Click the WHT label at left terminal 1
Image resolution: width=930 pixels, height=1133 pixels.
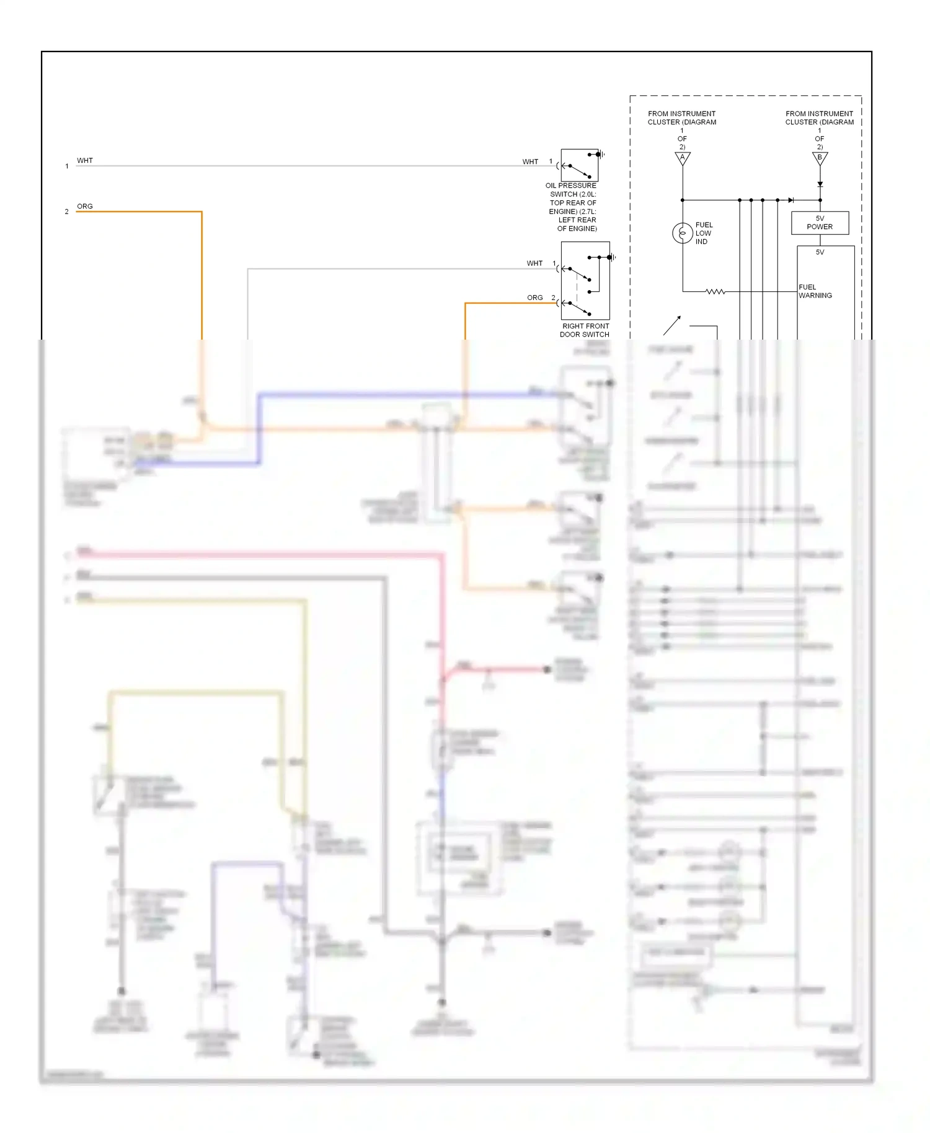[x=85, y=161]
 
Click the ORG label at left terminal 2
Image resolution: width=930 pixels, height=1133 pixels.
[x=85, y=206]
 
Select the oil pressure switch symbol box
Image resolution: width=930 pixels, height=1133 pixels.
[x=579, y=165]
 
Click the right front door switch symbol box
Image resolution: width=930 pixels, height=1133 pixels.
[x=585, y=281]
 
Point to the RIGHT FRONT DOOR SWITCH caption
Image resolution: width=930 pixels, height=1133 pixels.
[x=585, y=330]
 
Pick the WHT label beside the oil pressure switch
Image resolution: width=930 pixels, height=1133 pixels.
[x=530, y=162]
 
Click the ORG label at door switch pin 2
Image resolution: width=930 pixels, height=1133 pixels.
[x=534, y=298]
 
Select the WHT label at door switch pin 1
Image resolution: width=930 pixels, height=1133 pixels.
[x=534, y=263]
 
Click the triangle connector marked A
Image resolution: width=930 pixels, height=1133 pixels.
[x=683, y=158]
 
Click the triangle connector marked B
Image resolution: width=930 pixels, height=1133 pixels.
[x=820, y=158]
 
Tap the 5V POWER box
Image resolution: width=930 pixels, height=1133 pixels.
[x=820, y=223]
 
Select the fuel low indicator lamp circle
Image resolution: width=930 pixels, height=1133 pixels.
[x=683, y=233]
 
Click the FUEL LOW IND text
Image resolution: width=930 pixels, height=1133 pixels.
[x=704, y=234]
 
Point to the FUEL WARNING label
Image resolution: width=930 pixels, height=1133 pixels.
[x=815, y=291]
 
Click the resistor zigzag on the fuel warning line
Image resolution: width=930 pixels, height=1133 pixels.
[x=715, y=291]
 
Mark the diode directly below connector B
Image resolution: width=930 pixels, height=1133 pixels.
[x=820, y=184]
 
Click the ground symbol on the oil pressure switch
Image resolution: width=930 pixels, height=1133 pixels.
[x=600, y=154]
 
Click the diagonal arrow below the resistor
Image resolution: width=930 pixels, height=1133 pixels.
[x=672, y=325]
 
